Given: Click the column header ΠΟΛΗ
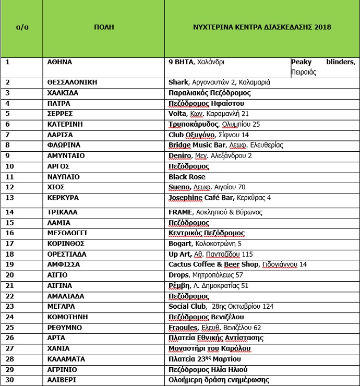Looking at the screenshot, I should [104, 27].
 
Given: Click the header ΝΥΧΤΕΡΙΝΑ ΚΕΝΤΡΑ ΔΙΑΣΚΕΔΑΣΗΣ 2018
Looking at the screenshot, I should [261, 27].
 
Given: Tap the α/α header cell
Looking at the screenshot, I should [22, 27].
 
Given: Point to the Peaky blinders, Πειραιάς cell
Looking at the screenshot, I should [324, 67].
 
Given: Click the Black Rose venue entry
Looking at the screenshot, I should [187, 177].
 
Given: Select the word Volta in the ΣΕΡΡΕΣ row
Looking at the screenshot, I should [177, 114].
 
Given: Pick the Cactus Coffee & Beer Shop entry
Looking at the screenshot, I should [214, 264].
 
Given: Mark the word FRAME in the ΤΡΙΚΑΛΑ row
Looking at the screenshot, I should [180, 212].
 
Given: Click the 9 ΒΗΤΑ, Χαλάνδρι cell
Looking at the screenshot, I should [196, 62].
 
